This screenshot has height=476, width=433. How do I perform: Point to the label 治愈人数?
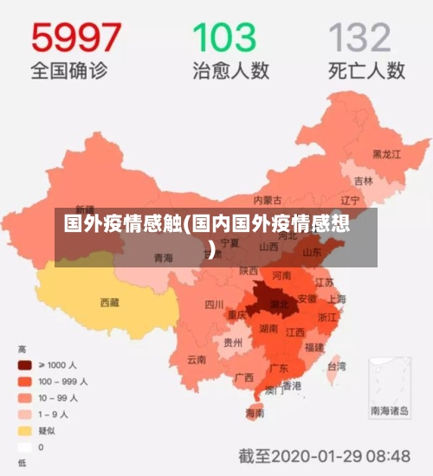(225, 70)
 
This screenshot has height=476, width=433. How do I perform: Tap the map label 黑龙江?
(386, 154)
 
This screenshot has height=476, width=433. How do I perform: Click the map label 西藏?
(110, 302)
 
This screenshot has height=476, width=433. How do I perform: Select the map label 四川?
(213, 305)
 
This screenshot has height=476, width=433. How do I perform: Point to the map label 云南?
(197, 358)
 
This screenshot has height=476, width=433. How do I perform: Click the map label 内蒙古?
(268, 201)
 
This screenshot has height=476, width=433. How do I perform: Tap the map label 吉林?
(363, 182)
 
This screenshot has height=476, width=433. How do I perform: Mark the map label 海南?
(255, 413)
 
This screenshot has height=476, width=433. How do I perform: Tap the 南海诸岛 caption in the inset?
(390, 411)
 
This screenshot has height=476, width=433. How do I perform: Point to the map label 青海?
(163, 258)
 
